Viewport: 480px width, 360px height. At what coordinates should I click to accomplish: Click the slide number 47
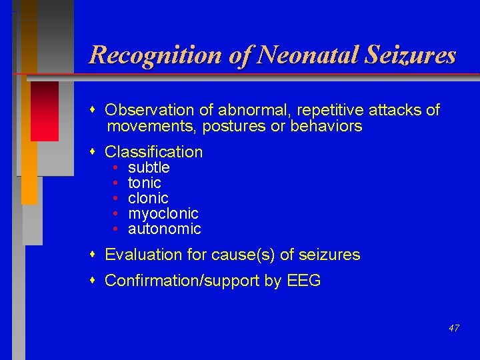[x=453, y=328]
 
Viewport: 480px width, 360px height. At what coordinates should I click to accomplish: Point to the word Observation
[x=148, y=110]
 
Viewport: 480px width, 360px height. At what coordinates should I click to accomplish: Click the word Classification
[x=154, y=152]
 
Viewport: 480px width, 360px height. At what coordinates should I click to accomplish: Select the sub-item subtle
[x=149, y=167]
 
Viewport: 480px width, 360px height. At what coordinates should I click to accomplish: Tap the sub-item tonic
[x=145, y=183]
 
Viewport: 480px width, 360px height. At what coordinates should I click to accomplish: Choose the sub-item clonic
[x=148, y=198]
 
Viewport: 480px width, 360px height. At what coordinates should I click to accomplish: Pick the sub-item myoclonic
[x=163, y=213]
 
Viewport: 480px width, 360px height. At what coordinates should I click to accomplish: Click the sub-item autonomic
[x=165, y=229]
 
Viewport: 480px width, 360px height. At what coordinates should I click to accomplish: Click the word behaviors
[x=326, y=126]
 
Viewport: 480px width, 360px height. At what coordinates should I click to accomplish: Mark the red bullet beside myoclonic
[x=116, y=214]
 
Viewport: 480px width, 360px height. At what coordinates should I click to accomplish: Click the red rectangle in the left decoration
[x=45, y=111]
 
